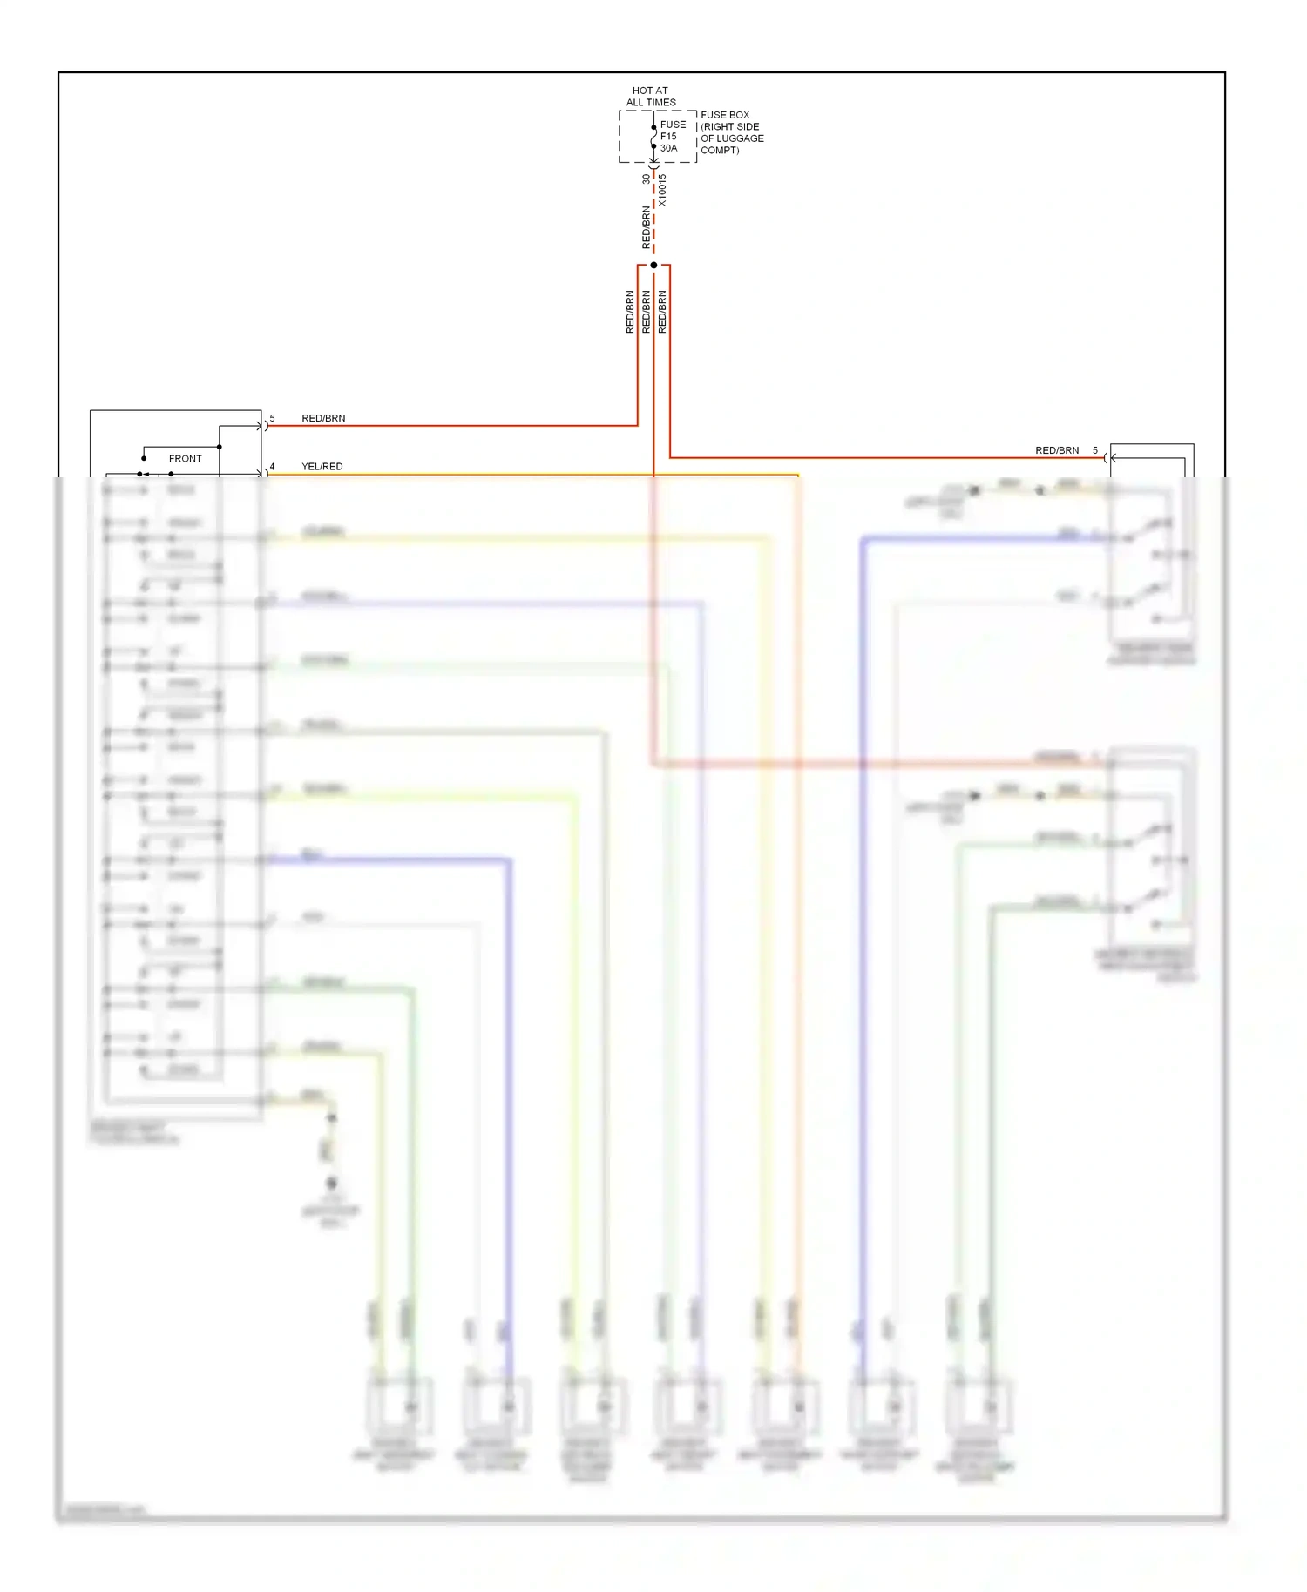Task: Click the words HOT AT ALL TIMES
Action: (650, 96)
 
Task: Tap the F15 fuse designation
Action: (668, 136)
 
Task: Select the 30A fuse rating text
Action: (668, 148)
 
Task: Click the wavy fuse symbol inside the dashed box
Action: (653, 137)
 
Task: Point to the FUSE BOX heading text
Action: (725, 115)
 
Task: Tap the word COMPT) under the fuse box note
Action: (720, 151)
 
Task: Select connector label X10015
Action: (662, 190)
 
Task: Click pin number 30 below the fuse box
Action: (646, 179)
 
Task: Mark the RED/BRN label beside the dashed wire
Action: (646, 227)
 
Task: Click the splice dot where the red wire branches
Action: (653, 265)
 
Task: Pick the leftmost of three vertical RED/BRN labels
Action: (630, 312)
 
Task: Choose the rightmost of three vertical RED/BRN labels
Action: (662, 312)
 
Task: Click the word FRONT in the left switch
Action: (185, 459)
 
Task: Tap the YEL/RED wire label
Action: (322, 467)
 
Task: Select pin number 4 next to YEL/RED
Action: (272, 467)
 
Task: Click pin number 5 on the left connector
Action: (272, 419)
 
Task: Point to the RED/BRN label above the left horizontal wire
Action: (323, 419)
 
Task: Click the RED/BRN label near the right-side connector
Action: (1057, 451)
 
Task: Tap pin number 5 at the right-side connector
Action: (1095, 451)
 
